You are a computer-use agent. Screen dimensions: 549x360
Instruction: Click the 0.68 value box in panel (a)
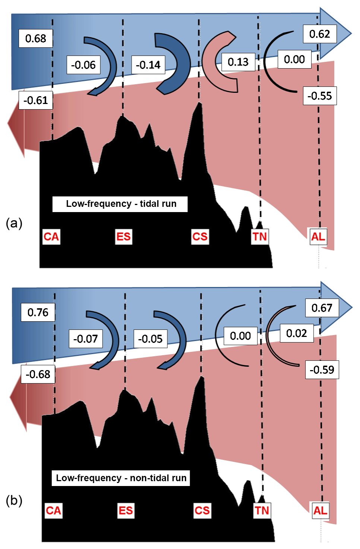click(35, 38)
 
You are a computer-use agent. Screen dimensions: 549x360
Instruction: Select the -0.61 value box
click(35, 100)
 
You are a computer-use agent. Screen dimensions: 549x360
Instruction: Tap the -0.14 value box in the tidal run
click(148, 65)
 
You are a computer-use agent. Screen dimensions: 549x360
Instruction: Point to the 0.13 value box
click(238, 62)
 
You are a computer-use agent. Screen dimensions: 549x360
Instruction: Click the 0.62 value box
click(319, 34)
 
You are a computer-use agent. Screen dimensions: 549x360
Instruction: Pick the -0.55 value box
click(319, 96)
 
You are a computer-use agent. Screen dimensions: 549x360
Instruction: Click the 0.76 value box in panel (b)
click(38, 312)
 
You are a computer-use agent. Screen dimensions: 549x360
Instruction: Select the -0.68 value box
click(38, 374)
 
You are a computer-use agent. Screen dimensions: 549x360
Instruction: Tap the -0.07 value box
click(85, 339)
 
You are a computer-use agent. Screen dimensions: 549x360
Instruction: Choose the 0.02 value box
click(296, 333)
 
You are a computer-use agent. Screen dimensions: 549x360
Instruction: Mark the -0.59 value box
click(322, 370)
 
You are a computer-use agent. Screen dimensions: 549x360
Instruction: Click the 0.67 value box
click(322, 308)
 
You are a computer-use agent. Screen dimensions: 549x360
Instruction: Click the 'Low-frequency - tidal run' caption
click(120, 204)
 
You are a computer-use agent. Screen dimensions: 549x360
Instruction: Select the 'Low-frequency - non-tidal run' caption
click(121, 478)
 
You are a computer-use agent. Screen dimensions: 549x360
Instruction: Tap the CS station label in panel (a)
click(200, 237)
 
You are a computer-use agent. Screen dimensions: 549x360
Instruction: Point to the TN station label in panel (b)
click(262, 510)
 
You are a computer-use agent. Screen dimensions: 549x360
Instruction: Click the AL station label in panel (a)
click(318, 237)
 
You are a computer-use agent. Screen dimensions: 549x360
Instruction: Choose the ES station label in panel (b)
click(126, 510)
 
